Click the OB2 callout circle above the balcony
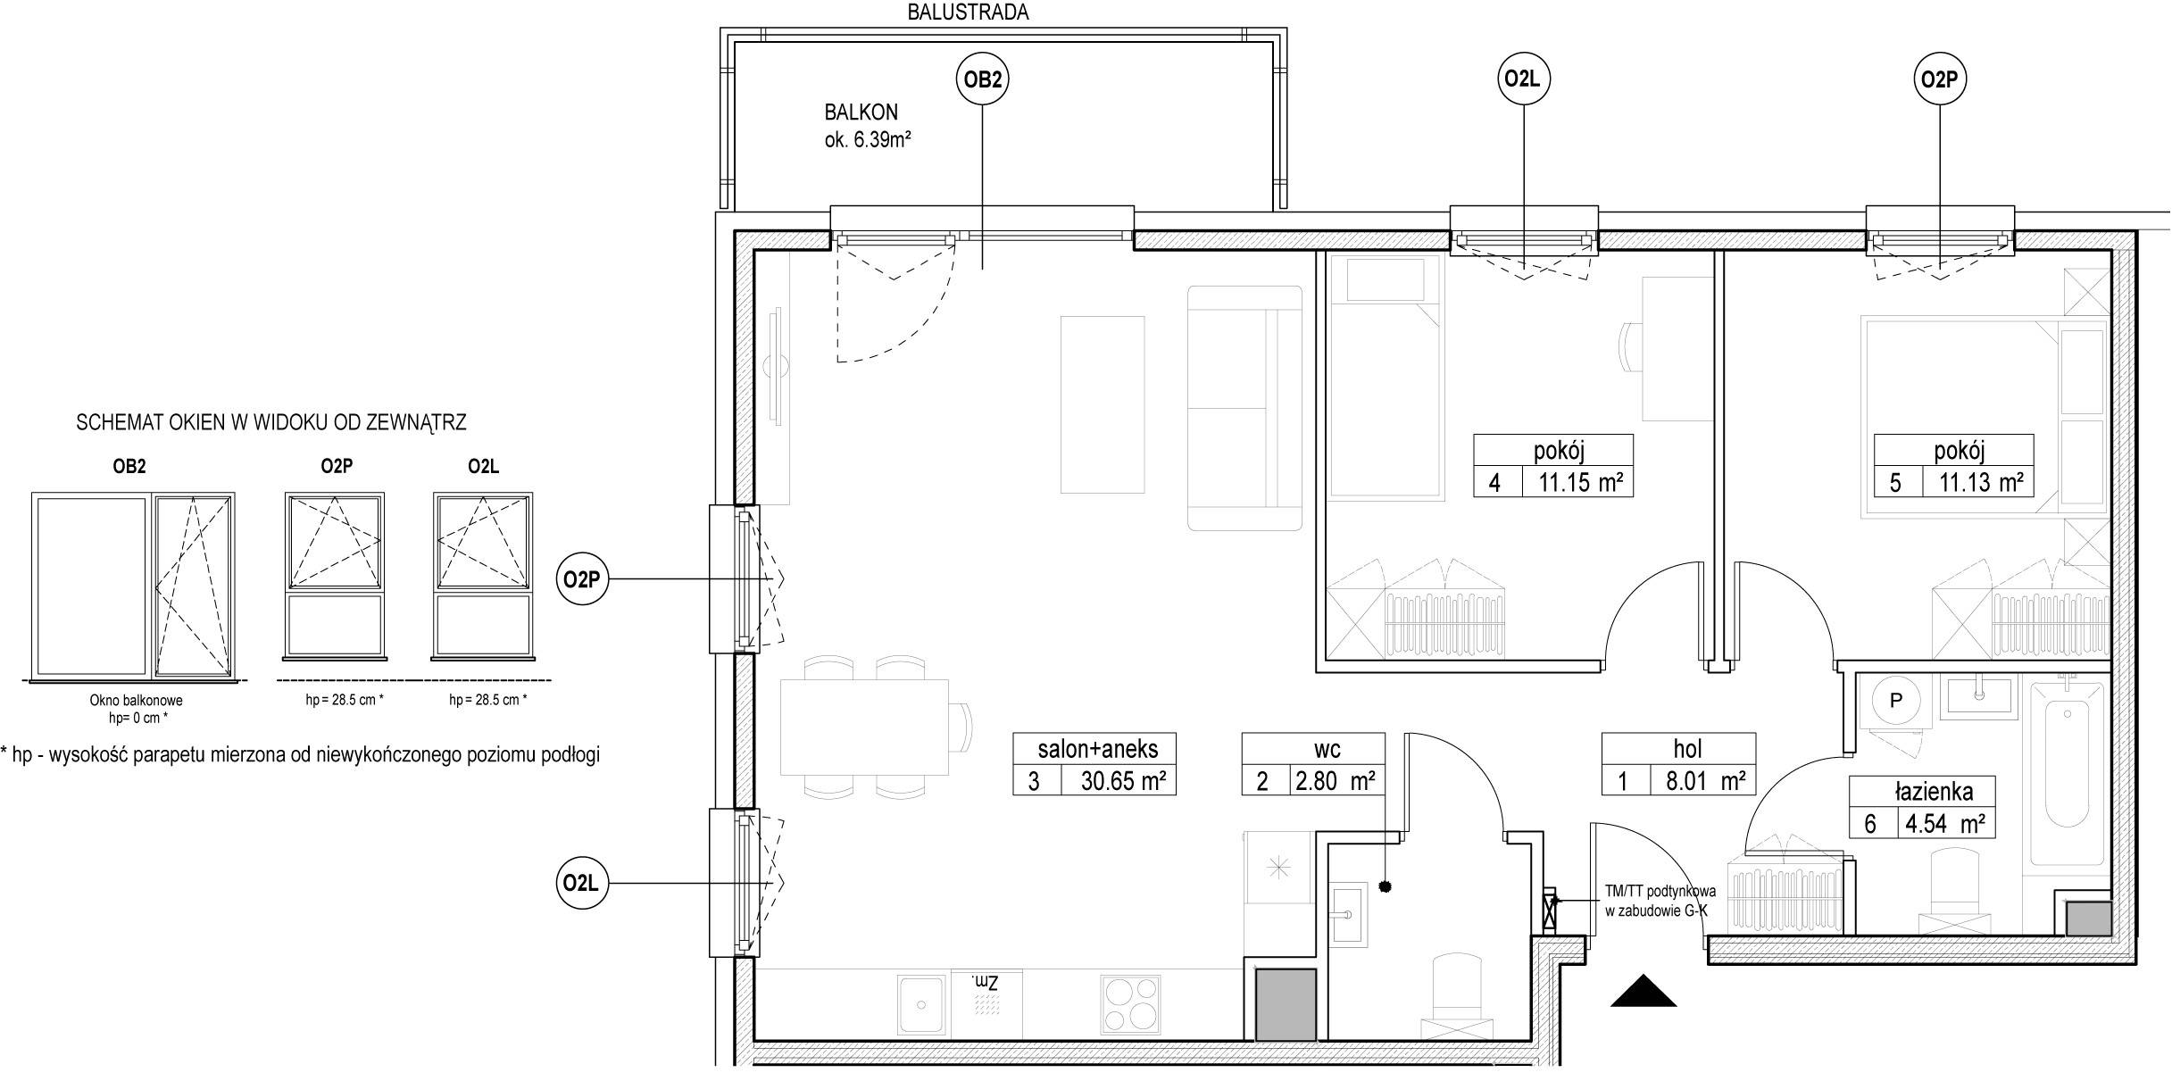(x=982, y=79)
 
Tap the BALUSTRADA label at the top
(x=968, y=12)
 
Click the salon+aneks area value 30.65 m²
(x=1124, y=781)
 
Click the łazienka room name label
(x=1921, y=791)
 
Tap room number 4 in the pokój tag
(x=1494, y=483)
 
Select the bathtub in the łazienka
(x=2068, y=772)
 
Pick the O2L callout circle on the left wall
(x=580, y=884)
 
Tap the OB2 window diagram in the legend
(x=134, y=585)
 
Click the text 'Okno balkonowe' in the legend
(x=136, y=701)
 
